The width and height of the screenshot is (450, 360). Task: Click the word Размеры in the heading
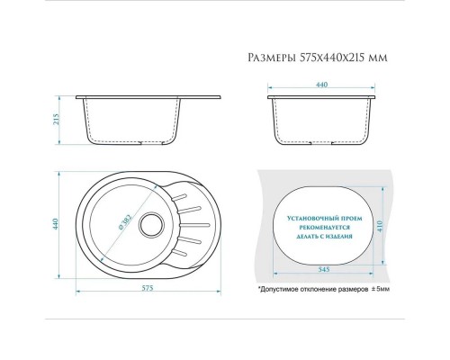(273, 58)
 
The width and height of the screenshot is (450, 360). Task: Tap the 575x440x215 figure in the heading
(334, 58)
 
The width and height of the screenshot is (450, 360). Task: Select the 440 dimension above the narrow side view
(321, 85)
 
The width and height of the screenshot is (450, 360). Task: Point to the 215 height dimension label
(57, 120)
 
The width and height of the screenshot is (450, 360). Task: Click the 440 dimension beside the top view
(55, 224)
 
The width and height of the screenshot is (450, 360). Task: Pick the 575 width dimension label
(148, 288)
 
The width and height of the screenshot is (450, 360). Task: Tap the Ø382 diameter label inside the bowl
(125, 222)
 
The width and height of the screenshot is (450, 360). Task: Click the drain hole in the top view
(152, 225)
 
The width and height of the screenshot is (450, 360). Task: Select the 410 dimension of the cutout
(381, 226)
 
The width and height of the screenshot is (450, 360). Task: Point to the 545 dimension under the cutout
(323, 269)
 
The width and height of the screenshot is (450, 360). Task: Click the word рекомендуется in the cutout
(324, 228)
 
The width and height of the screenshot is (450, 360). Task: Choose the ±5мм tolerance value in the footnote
(381, 290)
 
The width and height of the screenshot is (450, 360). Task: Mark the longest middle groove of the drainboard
(194, 224)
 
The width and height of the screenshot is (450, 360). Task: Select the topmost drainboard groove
(179, 197)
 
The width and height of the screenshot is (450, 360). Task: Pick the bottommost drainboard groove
(179, 252)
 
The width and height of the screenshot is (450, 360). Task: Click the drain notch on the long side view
(152, 143)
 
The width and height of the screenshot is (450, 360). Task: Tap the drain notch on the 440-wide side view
(321, 143)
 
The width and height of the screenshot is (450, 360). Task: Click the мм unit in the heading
(379, 58)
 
